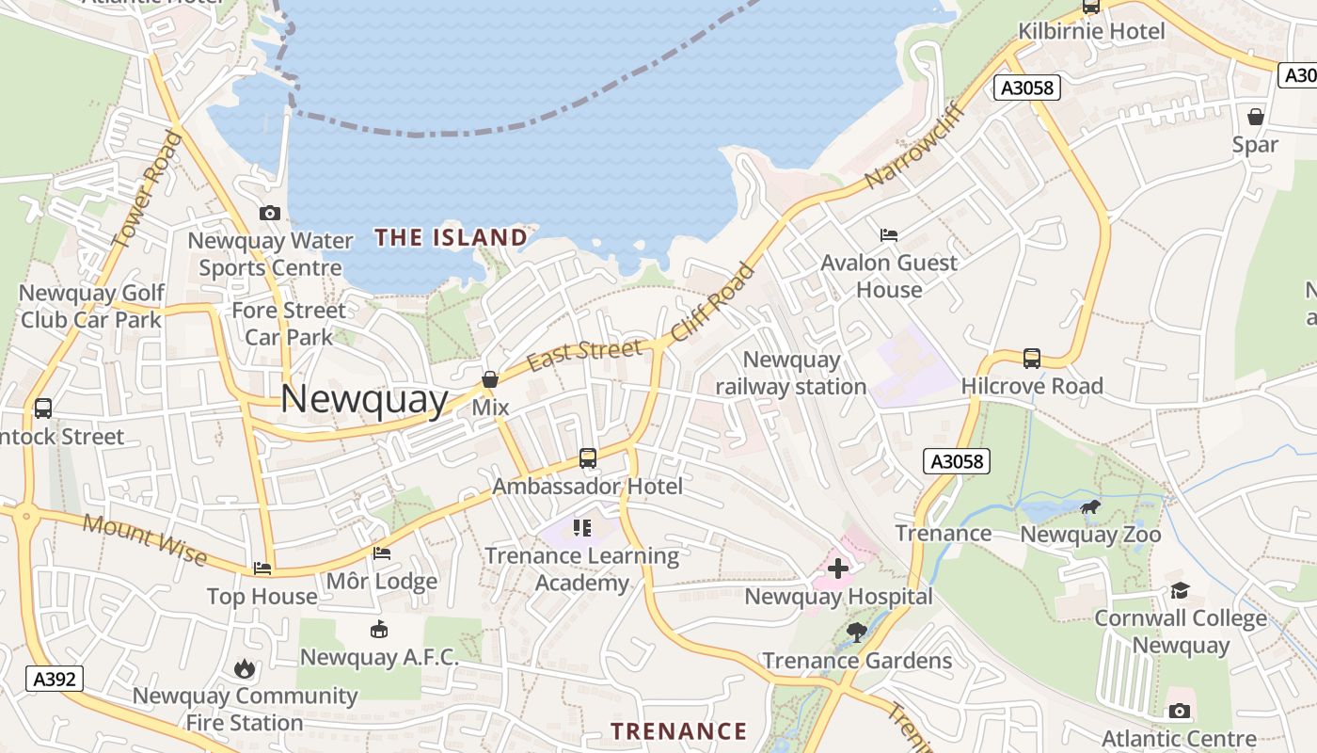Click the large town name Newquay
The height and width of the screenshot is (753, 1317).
(x=364, y=400)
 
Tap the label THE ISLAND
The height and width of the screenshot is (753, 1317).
(x=451, y=237)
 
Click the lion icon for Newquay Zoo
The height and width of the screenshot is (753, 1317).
(x=1091, y=508)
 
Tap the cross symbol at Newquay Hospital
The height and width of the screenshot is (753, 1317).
(x=837, y=569)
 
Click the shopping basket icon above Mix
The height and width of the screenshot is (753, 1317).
(x=490, y=379)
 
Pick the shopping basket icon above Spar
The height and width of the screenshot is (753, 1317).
(x=1256, y=117)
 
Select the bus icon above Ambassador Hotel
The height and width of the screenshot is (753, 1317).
(x=588, y=458)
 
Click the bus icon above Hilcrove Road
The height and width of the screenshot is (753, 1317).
(x=1032, y=359)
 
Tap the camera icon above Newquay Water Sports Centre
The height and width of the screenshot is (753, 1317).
(x=270, y=213)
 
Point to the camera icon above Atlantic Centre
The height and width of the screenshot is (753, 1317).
(x=1179, y=712)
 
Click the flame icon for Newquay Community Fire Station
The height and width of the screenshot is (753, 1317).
(x=245, y=669)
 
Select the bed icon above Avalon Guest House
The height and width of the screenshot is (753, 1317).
(x=889, y=234)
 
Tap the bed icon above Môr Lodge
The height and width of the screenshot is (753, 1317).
(x=382, y=553)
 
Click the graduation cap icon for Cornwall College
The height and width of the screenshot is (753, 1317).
(x=1180, y=591)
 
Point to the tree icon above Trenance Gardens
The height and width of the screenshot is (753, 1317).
(x=857, y=633)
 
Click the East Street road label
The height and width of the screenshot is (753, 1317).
(x=584, y=355)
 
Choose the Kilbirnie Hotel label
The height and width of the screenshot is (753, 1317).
(x=1091, y=31)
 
